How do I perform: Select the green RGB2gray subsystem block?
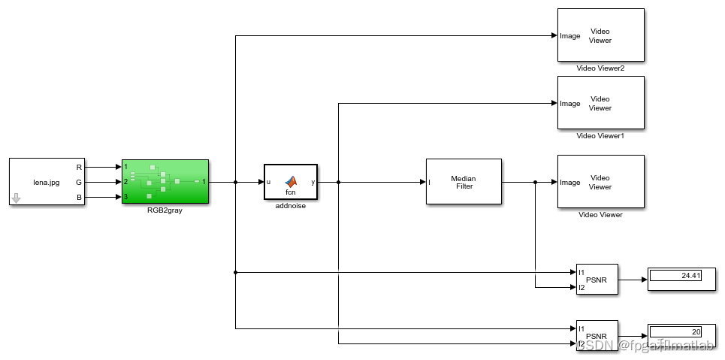click(x=165, y=181)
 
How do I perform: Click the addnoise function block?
click(x=291, y=181)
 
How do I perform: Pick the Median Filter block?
click(x=463, y=181)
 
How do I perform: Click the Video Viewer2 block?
click(x=600, y=35)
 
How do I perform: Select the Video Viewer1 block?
click(x=600, y=103)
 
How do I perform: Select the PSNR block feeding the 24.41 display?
click(x=597, y=279)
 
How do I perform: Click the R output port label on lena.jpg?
click(x=80, y=167)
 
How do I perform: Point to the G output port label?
click(x=80, y=182)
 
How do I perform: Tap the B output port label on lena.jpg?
click(x=80, y=197)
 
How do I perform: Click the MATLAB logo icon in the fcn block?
click(x=291, y=180)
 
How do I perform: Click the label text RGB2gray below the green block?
click(x=165, y=211)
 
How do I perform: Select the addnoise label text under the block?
click(x=291, y=205)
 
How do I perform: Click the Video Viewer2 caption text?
click(x=600, y=68)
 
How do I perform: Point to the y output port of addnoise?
click(x=313, y=182)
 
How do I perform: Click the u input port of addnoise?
click(x=269, y=182)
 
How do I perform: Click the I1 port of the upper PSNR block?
click(x=582, y=273)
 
